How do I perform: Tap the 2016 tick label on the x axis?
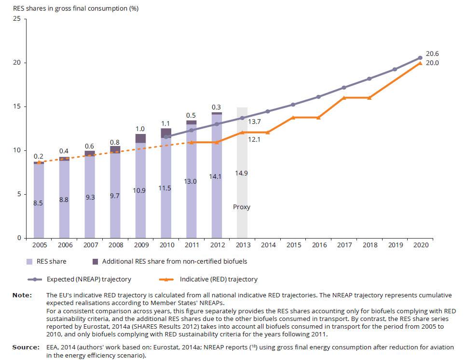[319, 245]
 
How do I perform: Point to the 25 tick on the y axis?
[17, 19]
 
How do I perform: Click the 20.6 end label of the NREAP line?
[432, 54]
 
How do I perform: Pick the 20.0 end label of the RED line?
[432, 63]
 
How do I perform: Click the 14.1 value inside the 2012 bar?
[217, 176]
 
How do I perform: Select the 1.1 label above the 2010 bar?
[166, 123]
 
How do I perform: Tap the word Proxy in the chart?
[242, 207]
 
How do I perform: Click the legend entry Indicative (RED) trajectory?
[219, 279]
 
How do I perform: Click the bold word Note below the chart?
[22, 295]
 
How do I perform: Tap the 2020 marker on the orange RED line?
[420, 63]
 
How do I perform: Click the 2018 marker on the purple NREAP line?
[369, 79]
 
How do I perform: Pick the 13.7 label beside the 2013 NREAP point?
[254, 122]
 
